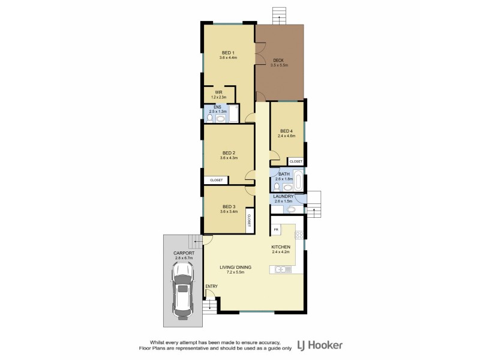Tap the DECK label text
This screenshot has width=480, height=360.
click(x=279, y=60)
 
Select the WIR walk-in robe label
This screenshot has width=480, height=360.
click(x=219, y=92)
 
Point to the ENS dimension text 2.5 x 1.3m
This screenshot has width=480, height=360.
click(x=218, y=112)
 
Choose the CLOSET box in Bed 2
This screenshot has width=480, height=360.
click(x=216, y=180)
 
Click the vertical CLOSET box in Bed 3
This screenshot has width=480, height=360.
click(x=248, y=220)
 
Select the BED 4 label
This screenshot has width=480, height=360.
click(x=286, y=131)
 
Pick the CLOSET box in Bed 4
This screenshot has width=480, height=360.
click(x=296, y=161)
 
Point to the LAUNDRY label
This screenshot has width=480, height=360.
click(x=283, y=196)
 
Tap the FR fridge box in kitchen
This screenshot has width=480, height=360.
click(x=277, y=230)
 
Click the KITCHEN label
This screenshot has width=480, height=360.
click(x=281, y=247)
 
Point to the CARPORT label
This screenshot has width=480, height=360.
click(x=184, y=254)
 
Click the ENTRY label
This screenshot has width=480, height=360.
click(x=212, y=286)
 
